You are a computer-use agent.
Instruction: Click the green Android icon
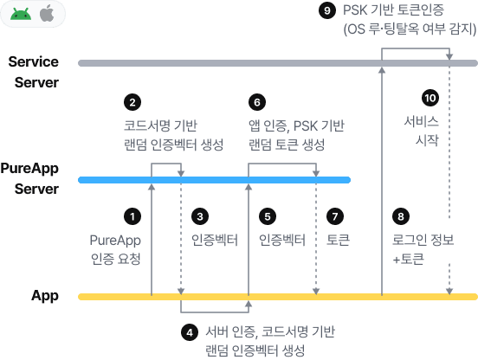tap(21, 14)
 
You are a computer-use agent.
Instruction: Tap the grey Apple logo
tap(47, 13)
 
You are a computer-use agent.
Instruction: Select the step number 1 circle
tap(132, 216)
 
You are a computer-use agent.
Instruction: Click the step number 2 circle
tap(132, 102)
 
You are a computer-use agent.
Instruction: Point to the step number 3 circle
tap(200, 216)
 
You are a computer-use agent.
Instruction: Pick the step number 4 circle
tap(190, 332)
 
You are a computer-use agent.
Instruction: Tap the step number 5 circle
tap(268, 216)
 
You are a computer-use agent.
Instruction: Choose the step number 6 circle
tap(257, 102)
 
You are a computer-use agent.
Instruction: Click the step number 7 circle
tap(335, 216)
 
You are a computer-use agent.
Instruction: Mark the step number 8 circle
tap(401, 216)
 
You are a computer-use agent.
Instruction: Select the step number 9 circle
tap(327, 10)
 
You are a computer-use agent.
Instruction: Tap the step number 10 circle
tap(430, 98)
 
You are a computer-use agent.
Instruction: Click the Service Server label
tap(34, 72)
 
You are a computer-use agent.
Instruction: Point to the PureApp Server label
tap(29, 178)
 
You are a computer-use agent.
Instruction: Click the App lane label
tap(45, 296)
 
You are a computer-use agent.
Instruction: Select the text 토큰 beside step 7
tap(338, 240)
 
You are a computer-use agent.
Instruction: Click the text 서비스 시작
tap(422, 131)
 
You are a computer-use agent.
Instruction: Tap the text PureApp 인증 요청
tap(115, 250)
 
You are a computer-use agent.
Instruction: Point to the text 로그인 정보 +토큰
tap(423, 250)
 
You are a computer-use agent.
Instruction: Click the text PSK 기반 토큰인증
tap(393, 10)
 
